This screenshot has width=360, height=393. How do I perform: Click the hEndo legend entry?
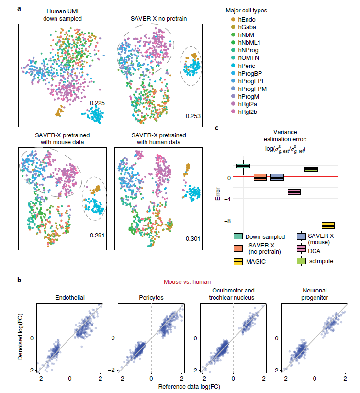click(x=243, y=19)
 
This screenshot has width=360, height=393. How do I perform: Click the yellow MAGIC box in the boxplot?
click(x=328, y=225)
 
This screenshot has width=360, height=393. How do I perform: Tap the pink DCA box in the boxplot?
click(x=294, y=192)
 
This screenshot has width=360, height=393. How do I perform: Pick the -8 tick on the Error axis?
click(x=228, y=221)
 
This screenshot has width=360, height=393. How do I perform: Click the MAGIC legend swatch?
click(x=237, y=262)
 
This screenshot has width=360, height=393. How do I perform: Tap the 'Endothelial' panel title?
click(x=70, y=297)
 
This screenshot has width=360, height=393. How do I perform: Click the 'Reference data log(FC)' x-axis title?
click(x=191, y=388)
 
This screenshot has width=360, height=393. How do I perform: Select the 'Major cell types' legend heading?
click(x=247, y=10)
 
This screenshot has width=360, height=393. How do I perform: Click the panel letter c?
click(x=217, y=128)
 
